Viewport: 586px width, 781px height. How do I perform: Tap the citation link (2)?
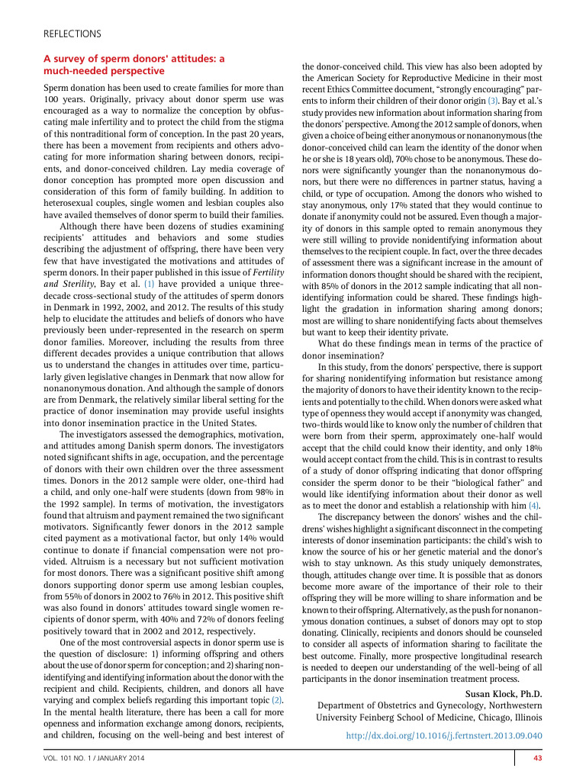click(x=278, y=699)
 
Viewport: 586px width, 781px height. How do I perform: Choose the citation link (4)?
click(x=534, y=505)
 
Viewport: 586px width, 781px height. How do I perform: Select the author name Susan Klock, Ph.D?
click(x=503, y=693)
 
